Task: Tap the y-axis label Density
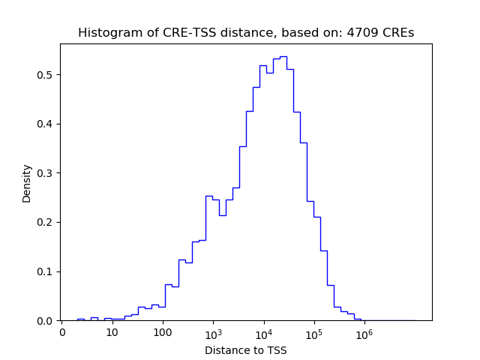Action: [x=27, y=183]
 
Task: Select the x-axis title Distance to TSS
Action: [x=246, y=350]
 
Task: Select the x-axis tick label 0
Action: [x=62, y=332]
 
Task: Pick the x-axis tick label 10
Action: [x=112, y=332]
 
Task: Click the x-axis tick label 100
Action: [x=163, y=332]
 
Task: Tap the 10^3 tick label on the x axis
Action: [x=213, y=331]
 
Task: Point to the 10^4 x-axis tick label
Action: [x=263, y=331]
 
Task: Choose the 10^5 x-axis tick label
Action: [x=313, y=331]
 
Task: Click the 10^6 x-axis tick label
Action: [x=364, y=331]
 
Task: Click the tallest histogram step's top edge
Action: [x=283, y=56]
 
